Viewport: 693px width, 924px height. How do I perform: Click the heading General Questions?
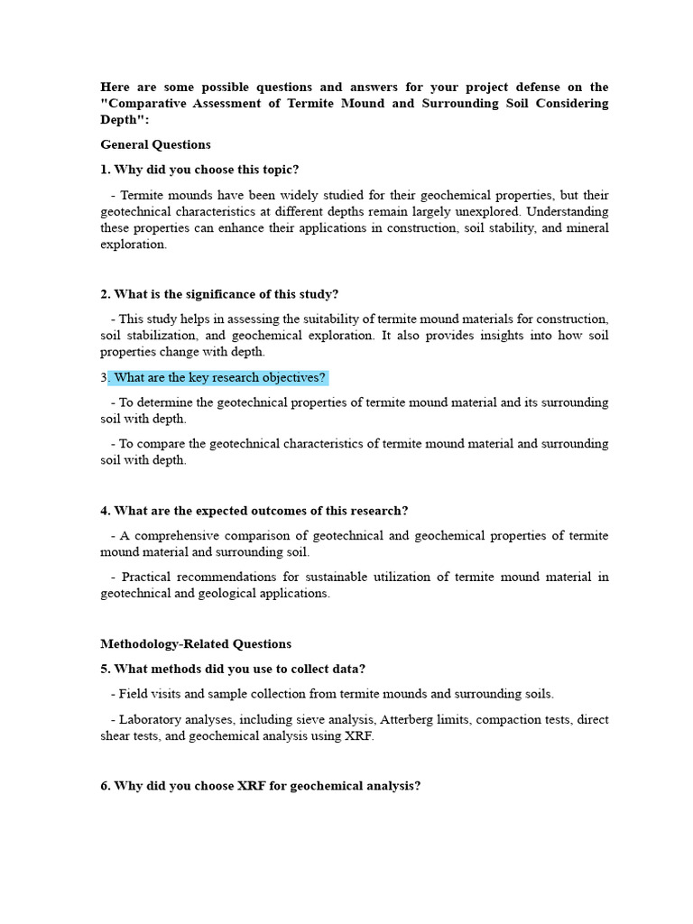pos(155,144)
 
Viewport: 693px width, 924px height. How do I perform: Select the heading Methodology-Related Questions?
pos(196,644)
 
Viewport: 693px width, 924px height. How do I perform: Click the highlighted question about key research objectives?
pos(220,377)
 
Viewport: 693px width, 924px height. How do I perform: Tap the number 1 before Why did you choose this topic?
pos(104,170)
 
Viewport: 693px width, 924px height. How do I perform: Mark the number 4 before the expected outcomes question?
pos(104,511)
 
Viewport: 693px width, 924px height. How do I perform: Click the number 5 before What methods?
pos(104,669)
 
